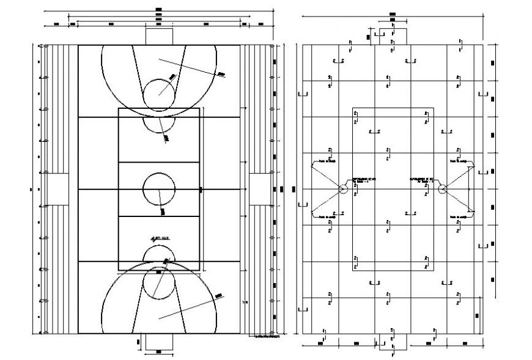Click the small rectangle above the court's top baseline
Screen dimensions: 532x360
point(158,35)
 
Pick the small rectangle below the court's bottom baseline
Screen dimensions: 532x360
point(158,342)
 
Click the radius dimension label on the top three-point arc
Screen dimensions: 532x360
point(221,73)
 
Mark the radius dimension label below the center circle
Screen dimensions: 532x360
point(163,211)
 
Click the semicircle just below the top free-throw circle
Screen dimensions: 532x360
point(159,124)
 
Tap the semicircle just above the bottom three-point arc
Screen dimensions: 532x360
point(159,252)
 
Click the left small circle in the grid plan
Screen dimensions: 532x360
point(343,190)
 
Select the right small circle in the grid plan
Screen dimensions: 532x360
point(442,190)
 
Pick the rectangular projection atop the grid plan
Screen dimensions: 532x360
point(392,35)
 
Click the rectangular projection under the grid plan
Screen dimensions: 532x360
point(392,342)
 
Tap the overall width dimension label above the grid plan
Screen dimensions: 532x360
point(392,13)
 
